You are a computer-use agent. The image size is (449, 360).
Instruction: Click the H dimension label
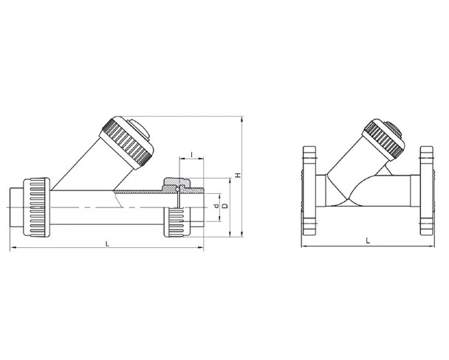(x=237, y=175)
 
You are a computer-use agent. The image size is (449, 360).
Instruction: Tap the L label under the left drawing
(x=108, y=243)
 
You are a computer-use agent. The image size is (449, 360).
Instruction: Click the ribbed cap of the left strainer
(x=127, y=139)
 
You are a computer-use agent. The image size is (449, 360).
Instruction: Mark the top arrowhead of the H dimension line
(x=243, y=119)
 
